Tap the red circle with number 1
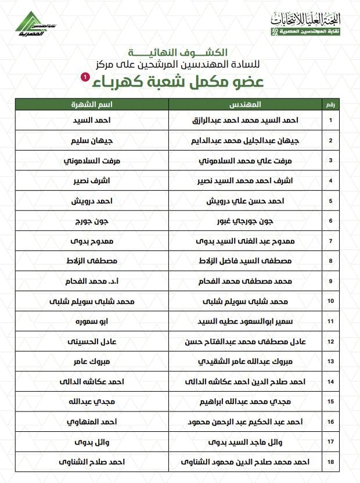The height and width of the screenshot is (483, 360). point(85,77)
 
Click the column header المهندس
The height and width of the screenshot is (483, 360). point(245,105)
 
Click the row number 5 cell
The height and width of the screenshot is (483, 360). point(330,201)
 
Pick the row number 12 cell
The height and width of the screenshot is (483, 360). point(330,341)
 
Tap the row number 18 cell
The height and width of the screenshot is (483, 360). point(330,462)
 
